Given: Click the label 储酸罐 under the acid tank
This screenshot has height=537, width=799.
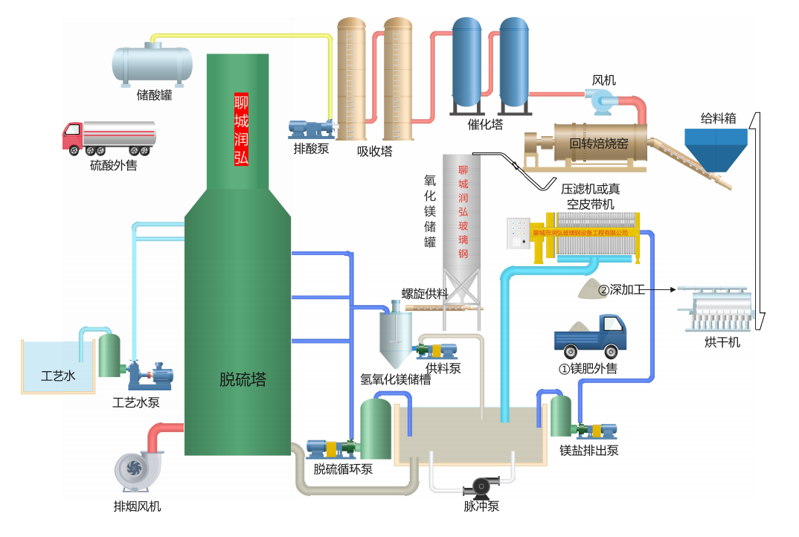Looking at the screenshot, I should pyautogui.click(x=154, y=95).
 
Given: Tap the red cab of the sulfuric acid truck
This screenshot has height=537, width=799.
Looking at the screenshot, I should pyautogui.click(x=72, y=136).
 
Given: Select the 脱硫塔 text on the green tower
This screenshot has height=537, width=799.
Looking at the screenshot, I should pyautogui.click(x=243, y=380).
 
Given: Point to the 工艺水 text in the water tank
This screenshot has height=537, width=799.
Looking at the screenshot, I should pyautogui.click(x=58, y=376).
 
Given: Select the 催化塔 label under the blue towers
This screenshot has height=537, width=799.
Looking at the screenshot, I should pyautogui.click(x=485, y=124).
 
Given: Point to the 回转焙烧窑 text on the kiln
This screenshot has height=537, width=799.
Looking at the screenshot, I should pyautogui.click(x=599, y=144).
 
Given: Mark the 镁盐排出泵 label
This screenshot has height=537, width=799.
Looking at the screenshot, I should pyautogui.click(x=589, y=450).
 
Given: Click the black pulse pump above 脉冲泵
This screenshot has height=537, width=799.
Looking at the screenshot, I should pyautogui.click(x=481, y=486).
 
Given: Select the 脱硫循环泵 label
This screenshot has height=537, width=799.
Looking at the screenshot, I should pyautogui.click(x=343, y=469).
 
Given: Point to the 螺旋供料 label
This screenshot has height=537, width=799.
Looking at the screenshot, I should pyautogui.click(x=426, y=294).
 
